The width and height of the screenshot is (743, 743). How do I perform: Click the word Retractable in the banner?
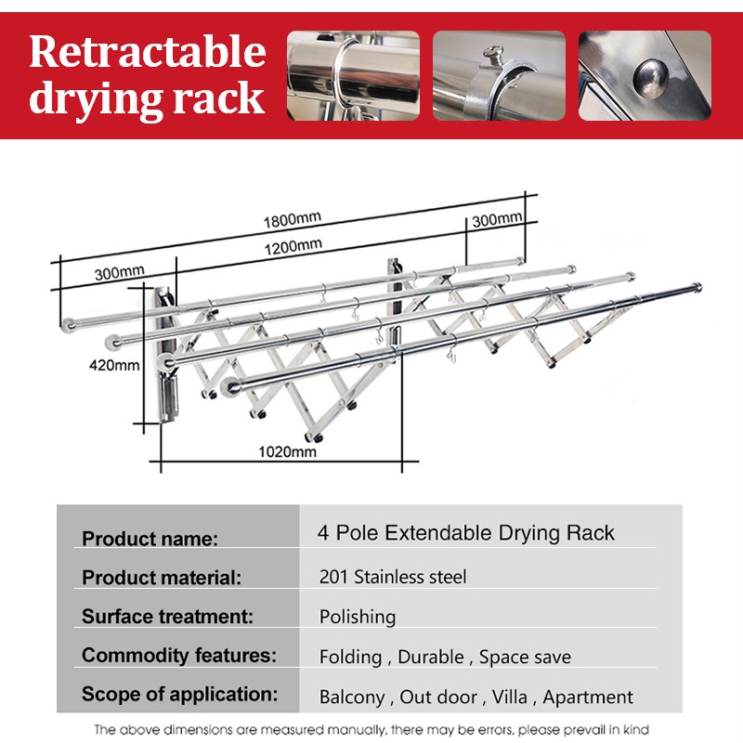[x=147, y=52]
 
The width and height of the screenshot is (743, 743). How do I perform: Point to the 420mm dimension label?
[x=115, y=365]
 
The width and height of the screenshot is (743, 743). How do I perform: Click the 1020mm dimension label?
[x=286, y=451]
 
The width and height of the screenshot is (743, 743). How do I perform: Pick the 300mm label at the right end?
[x=497, y=219]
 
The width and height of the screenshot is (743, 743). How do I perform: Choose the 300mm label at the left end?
[x=119, y=272]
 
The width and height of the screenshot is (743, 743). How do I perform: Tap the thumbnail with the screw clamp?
[x=499, y=76]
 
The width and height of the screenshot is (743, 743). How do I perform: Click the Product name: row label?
[x=150, y=539]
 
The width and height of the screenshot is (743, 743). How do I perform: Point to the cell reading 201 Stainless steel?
[x=393, y=577]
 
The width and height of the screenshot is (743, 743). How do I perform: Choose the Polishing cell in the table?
[x=358, y=617]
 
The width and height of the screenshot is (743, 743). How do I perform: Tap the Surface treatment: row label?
[x=167, y=616]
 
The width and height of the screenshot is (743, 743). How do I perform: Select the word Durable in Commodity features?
[x=431, y=657]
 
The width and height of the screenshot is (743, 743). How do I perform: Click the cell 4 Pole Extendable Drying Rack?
[x=466, y=533]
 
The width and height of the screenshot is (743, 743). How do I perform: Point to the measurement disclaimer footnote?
[x=371, y=729]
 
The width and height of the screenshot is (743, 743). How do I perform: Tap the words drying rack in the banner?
[x=147, y=98]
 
